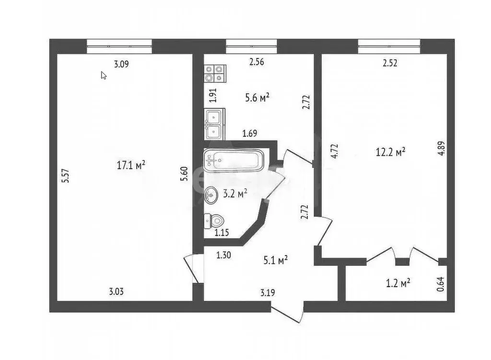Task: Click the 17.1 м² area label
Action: point(131,165)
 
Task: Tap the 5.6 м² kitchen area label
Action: point(257,97)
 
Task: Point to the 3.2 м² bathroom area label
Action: point(235,193)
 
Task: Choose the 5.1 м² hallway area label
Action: point(275,260)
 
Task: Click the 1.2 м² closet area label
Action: point(397,283)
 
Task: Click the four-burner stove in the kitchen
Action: point(214,73)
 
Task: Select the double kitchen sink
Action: point(214,124)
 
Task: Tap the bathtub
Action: point(234,160)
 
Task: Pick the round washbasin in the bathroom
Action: point(211,195)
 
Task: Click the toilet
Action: point(214,221)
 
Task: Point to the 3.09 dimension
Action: point(121,63)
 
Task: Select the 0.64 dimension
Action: point(441,284)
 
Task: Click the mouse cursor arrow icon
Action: point(104,75)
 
